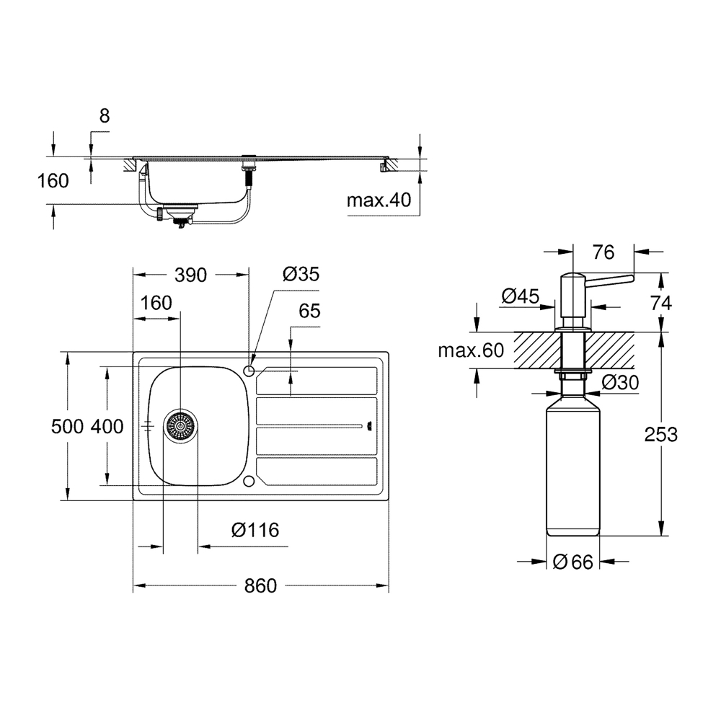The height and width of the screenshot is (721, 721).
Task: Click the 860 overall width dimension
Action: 260,585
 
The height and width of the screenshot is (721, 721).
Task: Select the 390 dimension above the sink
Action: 190,275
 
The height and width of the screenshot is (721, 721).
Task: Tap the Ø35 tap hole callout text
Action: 301,274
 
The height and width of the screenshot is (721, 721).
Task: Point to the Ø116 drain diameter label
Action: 255,530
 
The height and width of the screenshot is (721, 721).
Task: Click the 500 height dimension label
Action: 67,427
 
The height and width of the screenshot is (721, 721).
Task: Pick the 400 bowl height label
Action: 107,427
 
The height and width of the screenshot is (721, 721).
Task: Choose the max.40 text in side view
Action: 379,200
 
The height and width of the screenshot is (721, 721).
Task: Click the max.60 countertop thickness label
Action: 471,350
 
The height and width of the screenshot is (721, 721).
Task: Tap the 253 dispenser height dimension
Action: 660,434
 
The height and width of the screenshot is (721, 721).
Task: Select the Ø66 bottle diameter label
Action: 573,562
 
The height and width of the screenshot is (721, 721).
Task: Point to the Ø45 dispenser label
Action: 520,296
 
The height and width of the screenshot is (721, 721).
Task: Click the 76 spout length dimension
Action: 603,252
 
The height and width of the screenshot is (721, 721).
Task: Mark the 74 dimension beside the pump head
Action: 660,303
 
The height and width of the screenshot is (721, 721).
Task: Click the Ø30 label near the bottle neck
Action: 620,383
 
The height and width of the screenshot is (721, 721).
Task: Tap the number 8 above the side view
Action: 105,116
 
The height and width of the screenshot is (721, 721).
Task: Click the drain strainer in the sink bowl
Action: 181,426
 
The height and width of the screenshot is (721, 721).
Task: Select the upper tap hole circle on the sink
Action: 249,370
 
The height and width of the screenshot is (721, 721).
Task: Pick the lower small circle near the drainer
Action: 249,482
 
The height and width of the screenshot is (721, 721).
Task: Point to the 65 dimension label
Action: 309,311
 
